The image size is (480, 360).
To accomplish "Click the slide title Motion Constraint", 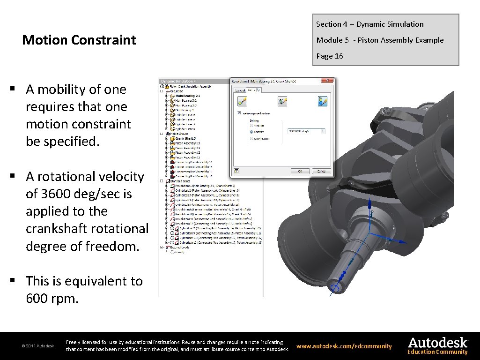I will pyautogui.click(x=79, y=40).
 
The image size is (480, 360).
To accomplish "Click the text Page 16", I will pyautogui.click(x=330, y=56).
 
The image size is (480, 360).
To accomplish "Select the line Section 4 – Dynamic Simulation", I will pyautogui.click(x=369, y=24).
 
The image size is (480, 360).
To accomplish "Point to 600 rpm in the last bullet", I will pyautogui.click(x=52, y=298).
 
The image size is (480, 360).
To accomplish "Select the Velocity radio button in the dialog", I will pyautogui.click(x=251, y=132).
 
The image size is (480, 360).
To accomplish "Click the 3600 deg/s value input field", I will pyautogui.click(x=306, y=131).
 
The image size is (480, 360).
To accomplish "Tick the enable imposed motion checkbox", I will pyautogui.click(x=239, y=113).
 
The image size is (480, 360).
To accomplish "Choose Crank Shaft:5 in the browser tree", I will pyautogui.click(x=185, y=138).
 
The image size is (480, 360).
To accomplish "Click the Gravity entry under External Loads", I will pyautogui.click(x=180, y=252).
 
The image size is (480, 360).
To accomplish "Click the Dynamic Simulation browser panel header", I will pyautogui.click(x=178, y=81).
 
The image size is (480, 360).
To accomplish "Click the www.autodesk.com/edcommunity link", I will pyautogui.click(x=344, y=346).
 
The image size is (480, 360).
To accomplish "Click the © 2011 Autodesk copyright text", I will pyautogui.click(x=37, y=346).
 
